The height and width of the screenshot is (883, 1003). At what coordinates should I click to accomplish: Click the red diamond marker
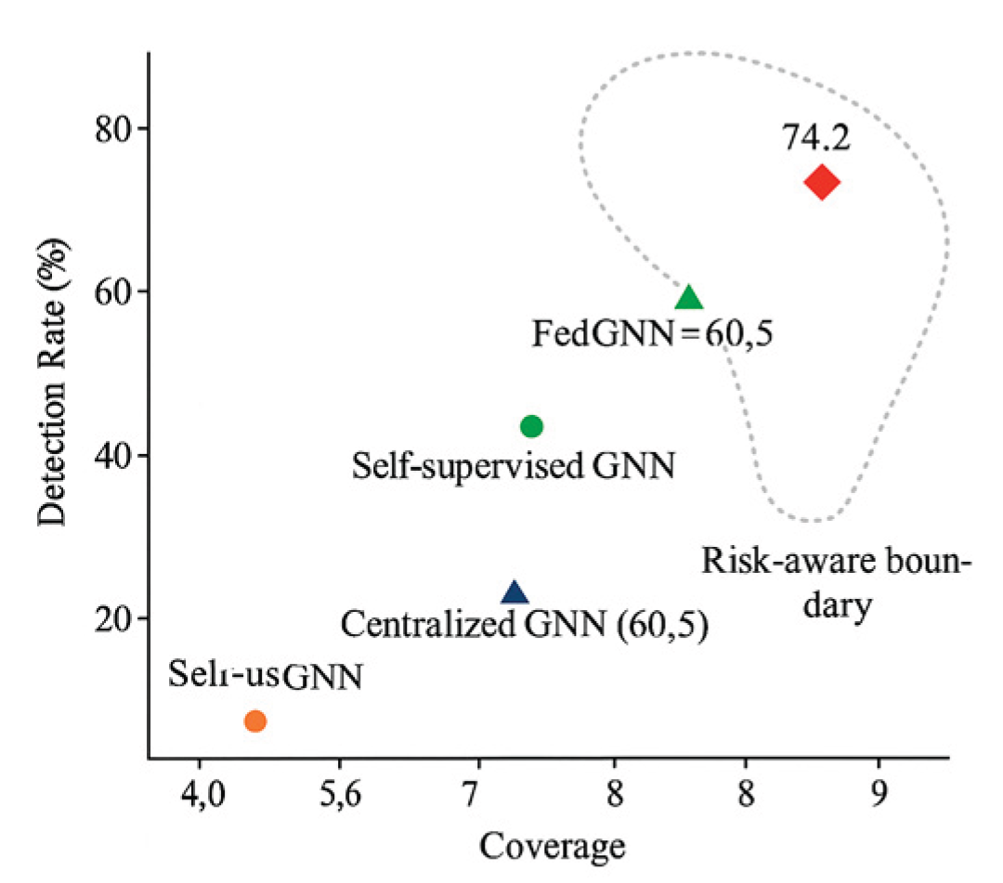click(822, 182)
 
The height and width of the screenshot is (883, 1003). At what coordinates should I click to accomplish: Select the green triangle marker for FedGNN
click(688, 298)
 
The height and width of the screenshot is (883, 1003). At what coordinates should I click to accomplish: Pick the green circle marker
click(531, 426)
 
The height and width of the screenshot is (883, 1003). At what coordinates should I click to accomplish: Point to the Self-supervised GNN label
click(512, 464)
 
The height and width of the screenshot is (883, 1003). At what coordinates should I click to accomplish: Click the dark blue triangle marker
click(515, 593)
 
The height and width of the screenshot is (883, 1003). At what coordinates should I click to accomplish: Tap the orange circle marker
click(255, 721)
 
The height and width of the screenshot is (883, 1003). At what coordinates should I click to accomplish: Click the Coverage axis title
click(551, 846)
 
